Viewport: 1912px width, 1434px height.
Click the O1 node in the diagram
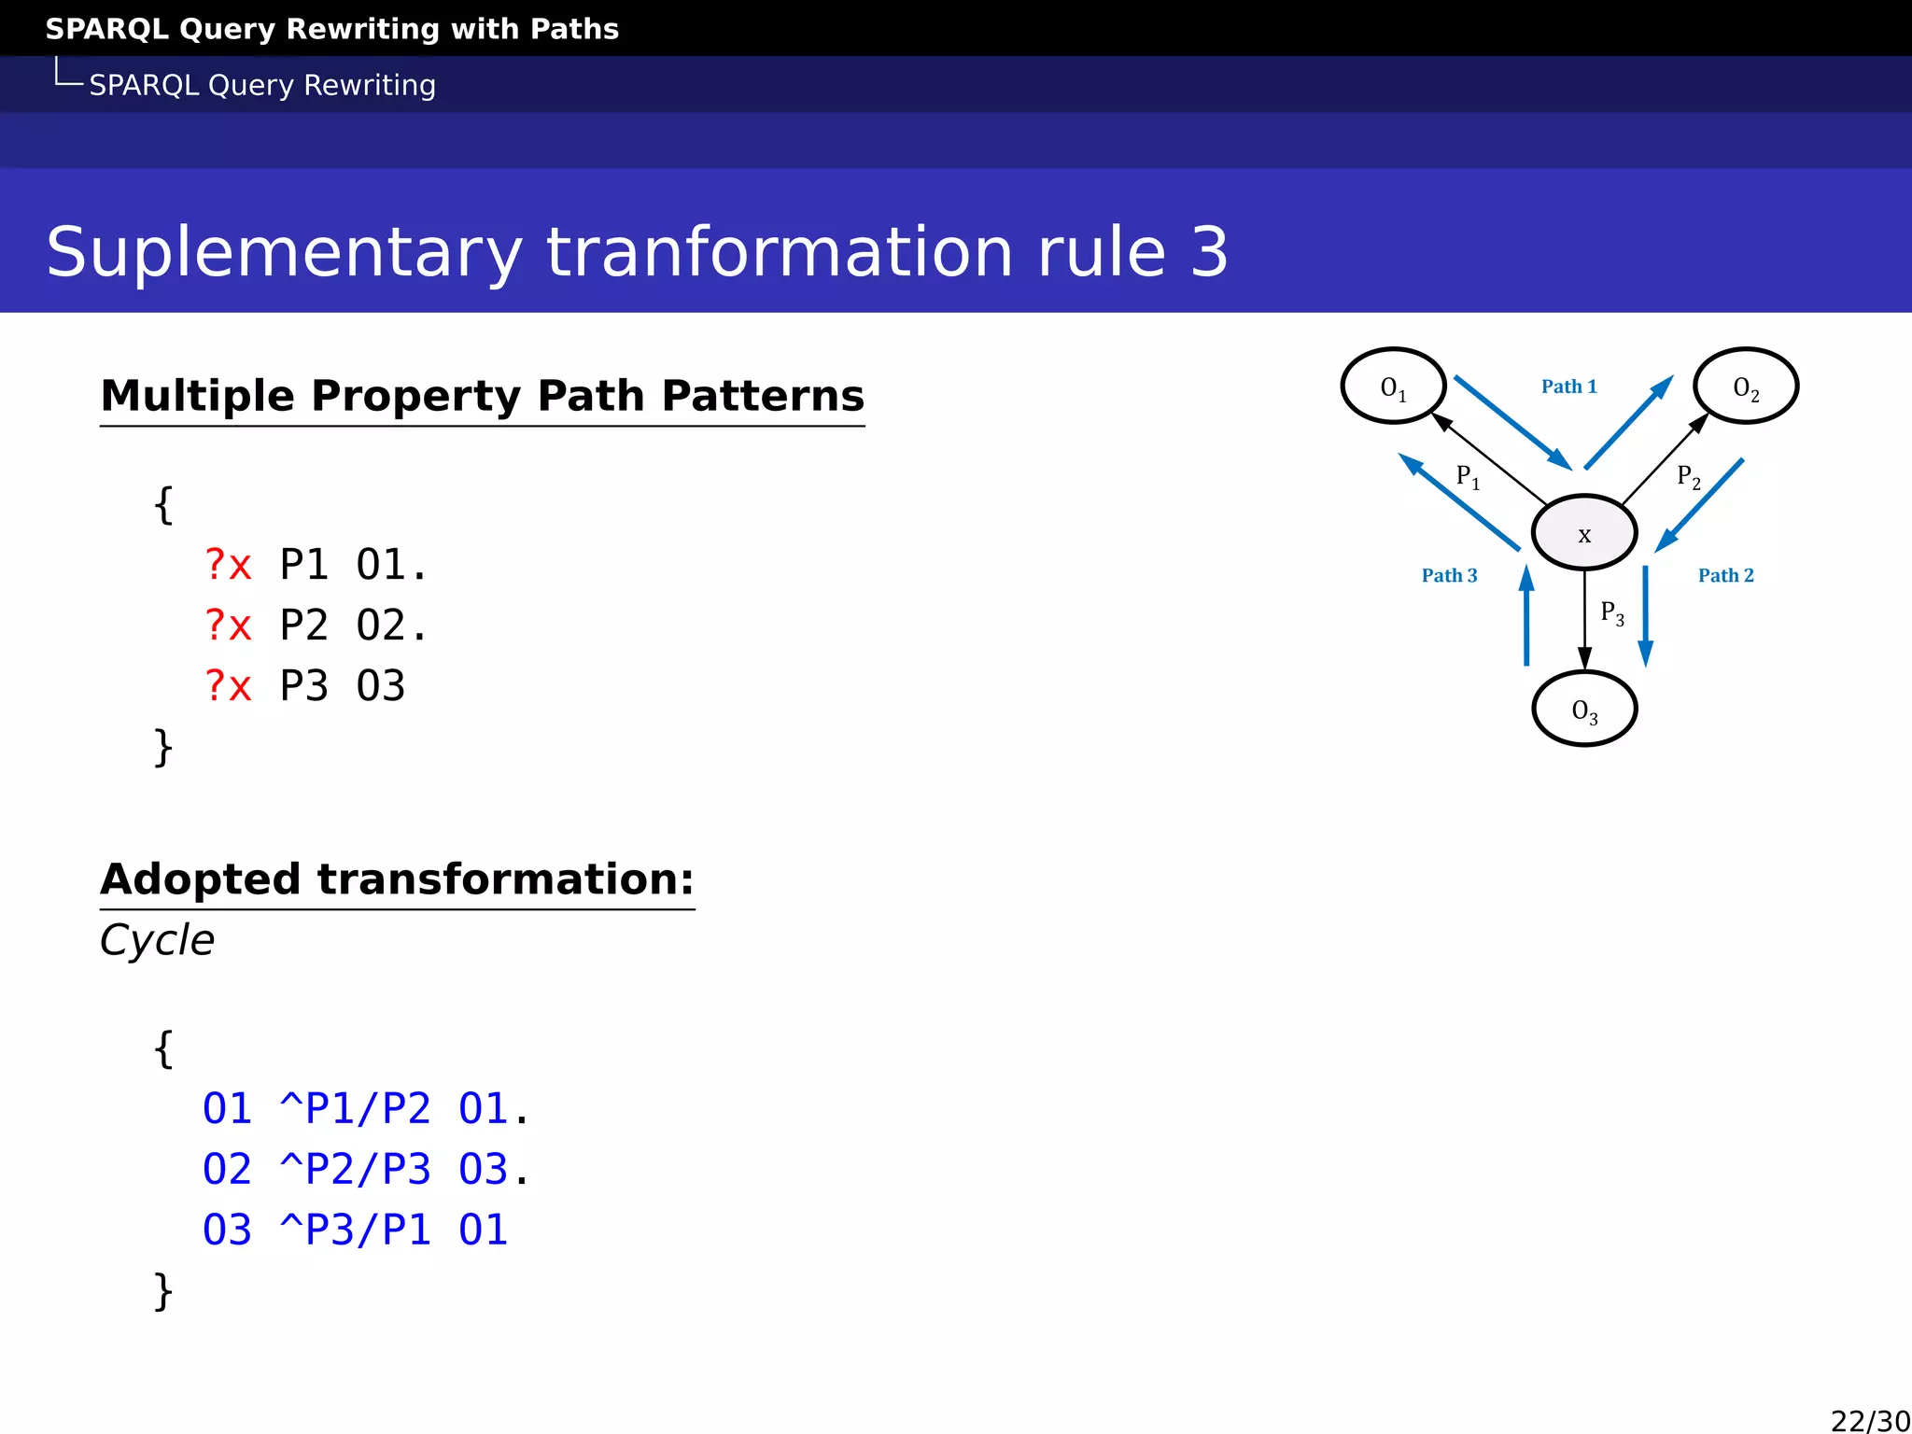[1393, 387]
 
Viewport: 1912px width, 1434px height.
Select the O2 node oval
[1745, 387]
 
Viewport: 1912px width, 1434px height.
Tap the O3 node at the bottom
[1584, 710]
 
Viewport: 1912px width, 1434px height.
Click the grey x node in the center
[1584, 533]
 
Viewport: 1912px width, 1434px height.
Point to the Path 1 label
[1568, 387]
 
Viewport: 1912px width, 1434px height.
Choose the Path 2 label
[1725, 575]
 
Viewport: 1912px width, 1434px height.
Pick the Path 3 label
[1449, 575]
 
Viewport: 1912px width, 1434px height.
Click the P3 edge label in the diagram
[1611, 613]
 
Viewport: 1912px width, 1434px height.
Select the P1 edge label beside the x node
[1468, 477]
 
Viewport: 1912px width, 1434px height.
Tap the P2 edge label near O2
[1688, 477]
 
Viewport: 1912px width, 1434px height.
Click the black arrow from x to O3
[1584, 621]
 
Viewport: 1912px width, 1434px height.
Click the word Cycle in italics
[157, 940]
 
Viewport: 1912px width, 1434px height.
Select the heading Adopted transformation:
[397, 879]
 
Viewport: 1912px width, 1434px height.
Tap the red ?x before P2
[228, 626]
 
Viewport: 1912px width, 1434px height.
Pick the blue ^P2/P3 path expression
[355, 1170]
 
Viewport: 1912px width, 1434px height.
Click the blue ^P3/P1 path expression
[355, 1230]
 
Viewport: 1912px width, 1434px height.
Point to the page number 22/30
[1869, 1420]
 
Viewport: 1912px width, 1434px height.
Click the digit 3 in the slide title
[1209, 252]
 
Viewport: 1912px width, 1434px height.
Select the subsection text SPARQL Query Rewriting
[262, 85]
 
